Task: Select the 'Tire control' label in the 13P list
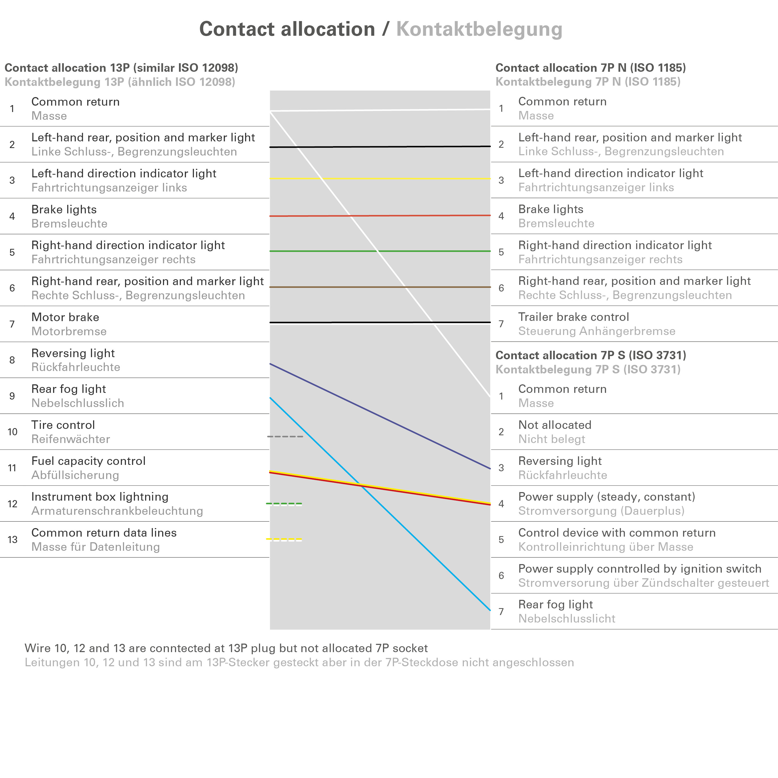coord(63,425)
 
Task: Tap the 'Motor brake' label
coord(65,317)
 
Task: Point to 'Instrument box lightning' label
coord(100,497)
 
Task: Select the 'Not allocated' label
coord(554,425)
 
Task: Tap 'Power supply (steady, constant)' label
coord(607,497)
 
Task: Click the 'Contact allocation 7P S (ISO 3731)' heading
coord(590,355)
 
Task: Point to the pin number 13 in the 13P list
coord(13,540)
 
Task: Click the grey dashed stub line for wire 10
coord(285,437)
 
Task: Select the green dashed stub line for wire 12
coord(284,504)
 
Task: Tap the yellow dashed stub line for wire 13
coord(284,540)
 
